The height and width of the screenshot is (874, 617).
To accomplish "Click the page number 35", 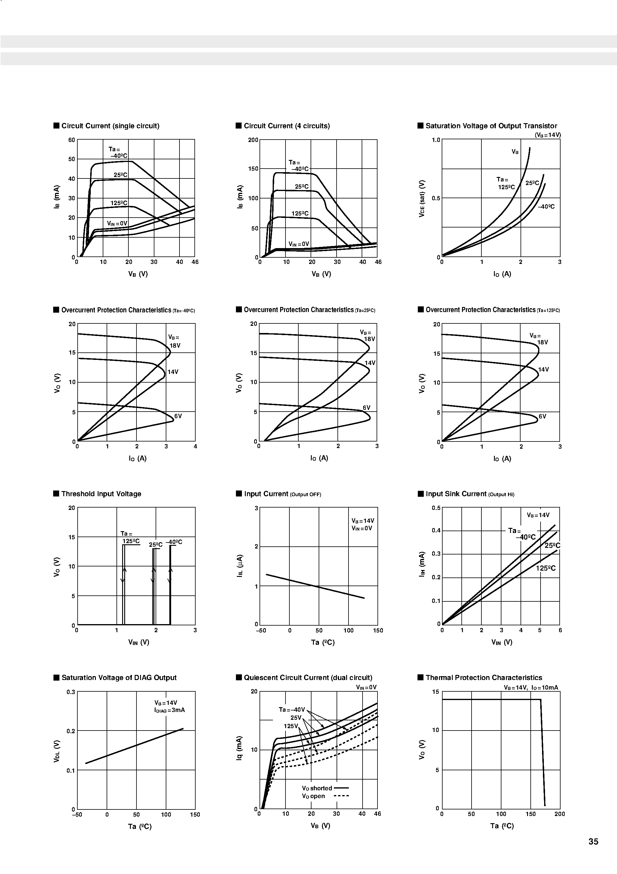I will pos(593,842).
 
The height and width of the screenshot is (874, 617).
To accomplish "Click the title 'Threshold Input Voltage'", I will pos(101,494).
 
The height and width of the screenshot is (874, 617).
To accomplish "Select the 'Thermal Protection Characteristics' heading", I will pos(484,678).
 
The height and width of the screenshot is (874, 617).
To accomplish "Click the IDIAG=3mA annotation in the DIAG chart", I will pos(169,710).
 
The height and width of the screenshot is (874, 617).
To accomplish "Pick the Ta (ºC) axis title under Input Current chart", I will pos(323,643).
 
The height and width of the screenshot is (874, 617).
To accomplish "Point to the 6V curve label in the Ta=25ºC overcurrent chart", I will pos(366,408).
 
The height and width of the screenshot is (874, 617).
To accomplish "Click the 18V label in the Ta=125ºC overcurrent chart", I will pos(542,342).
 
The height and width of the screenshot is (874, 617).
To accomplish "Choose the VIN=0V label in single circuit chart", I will pos(117,224).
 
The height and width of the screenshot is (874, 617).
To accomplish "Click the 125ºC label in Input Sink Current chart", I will pos(546,568).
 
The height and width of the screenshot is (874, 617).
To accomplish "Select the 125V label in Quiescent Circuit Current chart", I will pos(291,726).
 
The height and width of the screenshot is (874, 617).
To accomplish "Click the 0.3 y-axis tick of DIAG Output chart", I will pos(71,692).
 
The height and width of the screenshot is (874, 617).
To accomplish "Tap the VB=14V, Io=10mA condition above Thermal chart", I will pos(531,687).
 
